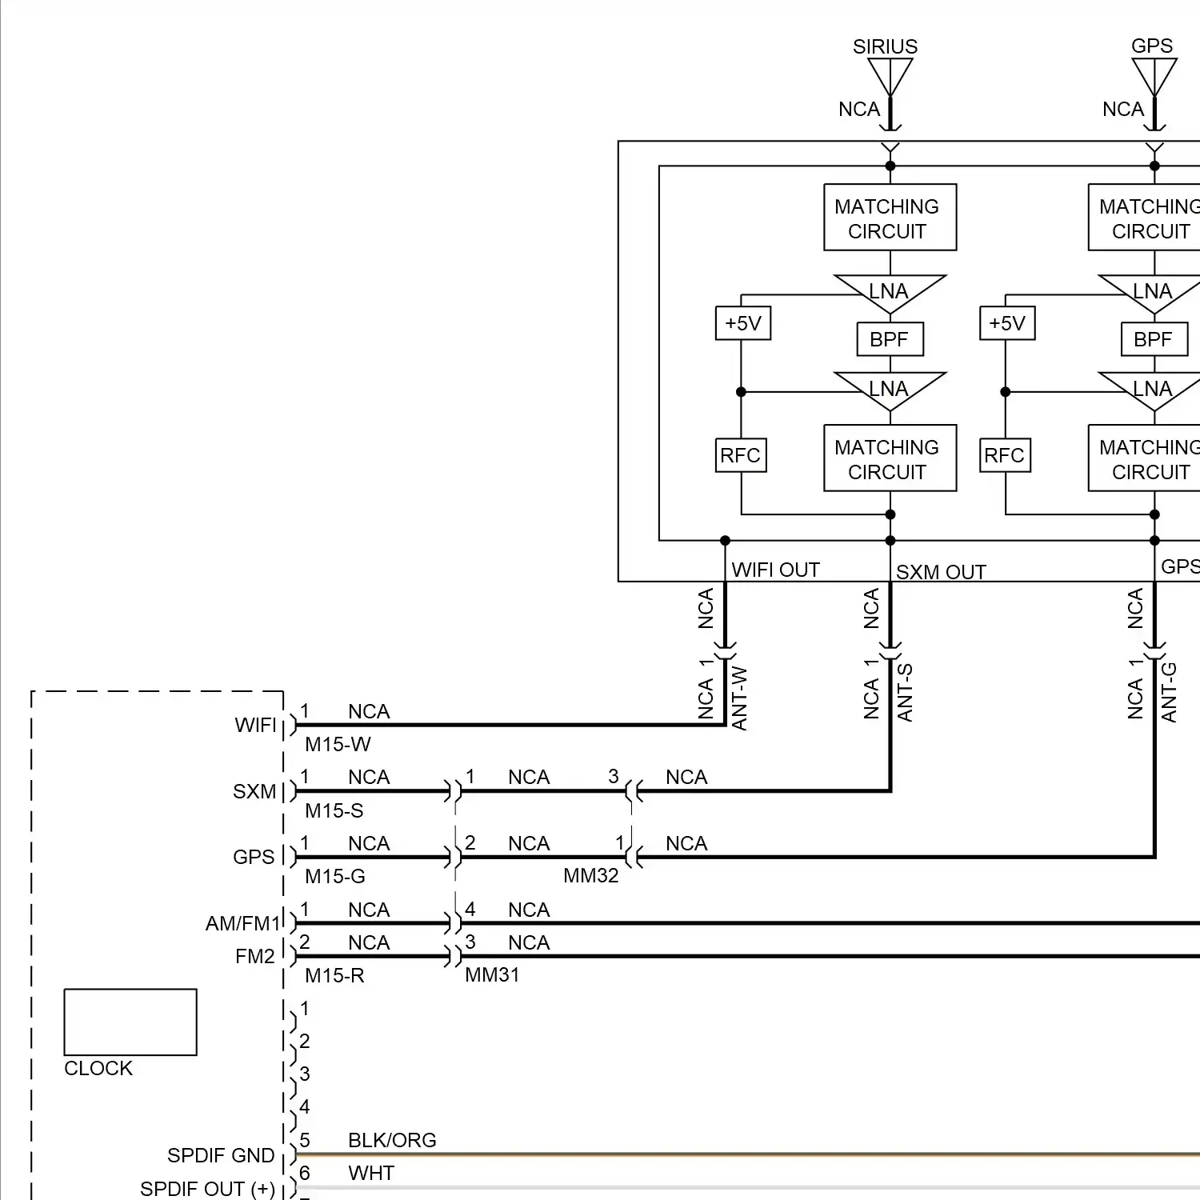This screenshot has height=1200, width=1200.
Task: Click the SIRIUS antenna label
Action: tap(885, 46)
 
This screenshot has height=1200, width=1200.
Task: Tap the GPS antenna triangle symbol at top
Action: tap(1154, 77)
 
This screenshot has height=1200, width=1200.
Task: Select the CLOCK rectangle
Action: tap(130, 1022)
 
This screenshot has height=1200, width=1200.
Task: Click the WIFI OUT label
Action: tap(775, 570)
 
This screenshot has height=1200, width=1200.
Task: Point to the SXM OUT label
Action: tap(940, 572)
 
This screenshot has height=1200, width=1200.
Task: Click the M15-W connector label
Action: tap(338, 744)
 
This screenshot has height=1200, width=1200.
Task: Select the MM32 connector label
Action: tap(590, 875)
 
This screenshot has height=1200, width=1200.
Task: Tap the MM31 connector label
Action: tap(492, 974)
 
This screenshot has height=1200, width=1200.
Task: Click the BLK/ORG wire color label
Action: tap(392, 1140)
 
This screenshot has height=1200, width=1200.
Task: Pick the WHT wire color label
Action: tap(371, 1173)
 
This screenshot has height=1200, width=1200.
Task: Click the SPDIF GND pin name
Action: tap(221, 1155)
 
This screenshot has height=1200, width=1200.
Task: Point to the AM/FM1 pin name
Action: tap(242, 923)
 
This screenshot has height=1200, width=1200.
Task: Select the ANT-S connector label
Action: tap(905, 693)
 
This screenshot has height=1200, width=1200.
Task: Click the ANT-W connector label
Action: tap(740, 698)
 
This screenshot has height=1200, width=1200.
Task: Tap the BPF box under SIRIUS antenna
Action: tap(890, 339)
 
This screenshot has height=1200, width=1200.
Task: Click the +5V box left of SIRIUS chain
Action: tap(742, 323)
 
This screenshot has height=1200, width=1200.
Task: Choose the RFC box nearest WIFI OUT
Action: tap(740, 455)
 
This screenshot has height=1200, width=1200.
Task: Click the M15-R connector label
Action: tap(334, 975)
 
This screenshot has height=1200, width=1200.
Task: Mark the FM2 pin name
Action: tap(254, 956)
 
